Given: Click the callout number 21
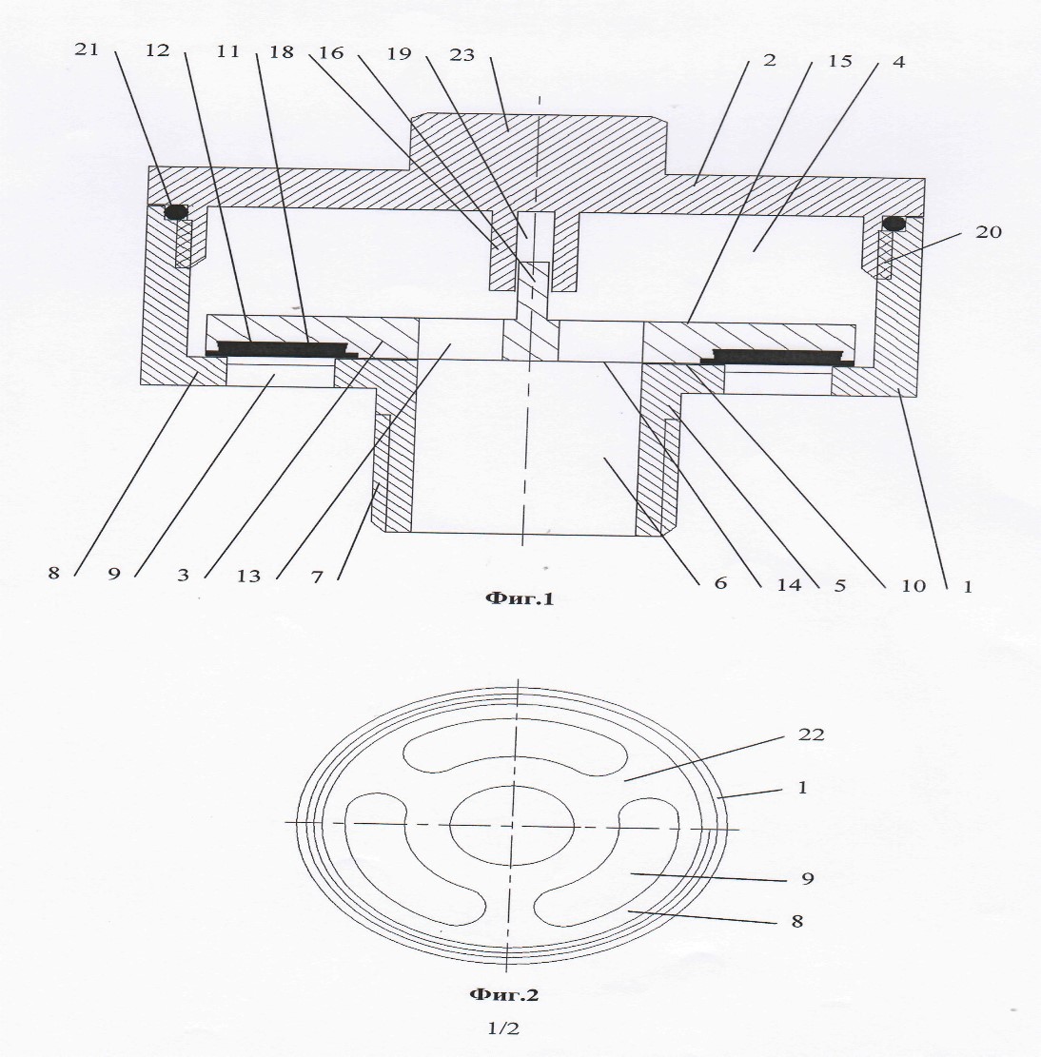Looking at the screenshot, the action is coord(87,49).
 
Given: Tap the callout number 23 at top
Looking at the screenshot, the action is coord(462,54).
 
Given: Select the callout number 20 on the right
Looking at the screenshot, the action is coord(989,232).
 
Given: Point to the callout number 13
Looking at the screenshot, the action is coord(248,576).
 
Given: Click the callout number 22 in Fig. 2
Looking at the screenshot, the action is coord(811,734).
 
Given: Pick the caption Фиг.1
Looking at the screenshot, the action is coord(520,597).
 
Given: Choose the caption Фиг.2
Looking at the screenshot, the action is coord(503,994).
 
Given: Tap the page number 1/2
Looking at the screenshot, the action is coord(504,1028).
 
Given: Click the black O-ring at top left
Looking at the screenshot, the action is coord(176,212).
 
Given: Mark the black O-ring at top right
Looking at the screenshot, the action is coord(894,223).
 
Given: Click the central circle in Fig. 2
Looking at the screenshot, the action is coord(512,826).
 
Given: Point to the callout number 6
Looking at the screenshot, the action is coord(720,582).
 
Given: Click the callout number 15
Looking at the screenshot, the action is coord(840,61).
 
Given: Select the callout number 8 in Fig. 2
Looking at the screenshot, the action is coord(797,921).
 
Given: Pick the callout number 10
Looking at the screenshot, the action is coord(913,585).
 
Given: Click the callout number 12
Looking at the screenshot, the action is coord(157,50).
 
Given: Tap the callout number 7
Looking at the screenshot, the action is coord(318,577).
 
